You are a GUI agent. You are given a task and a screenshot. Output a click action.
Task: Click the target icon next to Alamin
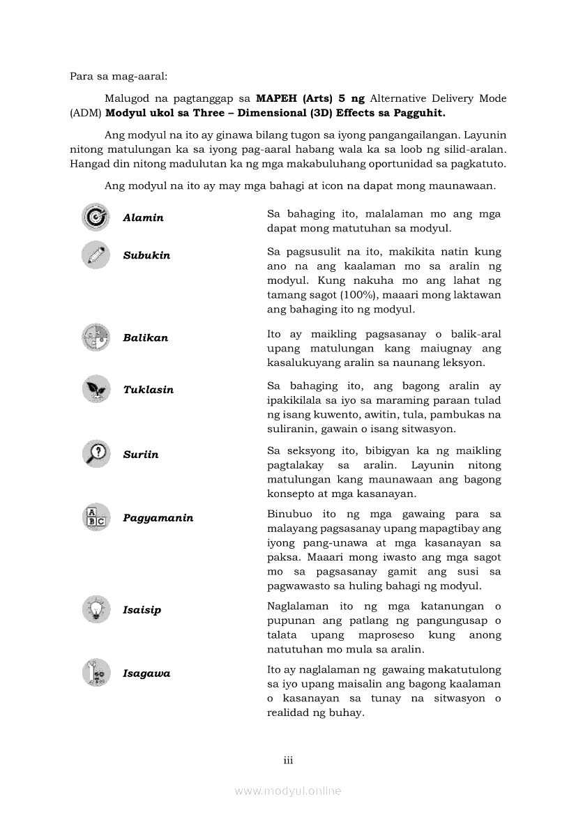pyautogui.click(x=96, y=217)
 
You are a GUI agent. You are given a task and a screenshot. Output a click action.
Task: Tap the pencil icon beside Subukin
pyautogui.click(x=96, y=254)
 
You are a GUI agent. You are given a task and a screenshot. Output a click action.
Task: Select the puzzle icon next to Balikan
pyautogui.click(x=96, y=337)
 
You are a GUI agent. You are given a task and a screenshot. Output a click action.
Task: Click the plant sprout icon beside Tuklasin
pyautogui.click(x=96, y=389)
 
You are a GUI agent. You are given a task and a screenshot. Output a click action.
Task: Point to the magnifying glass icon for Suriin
pyautogui.click(x=96, y=454)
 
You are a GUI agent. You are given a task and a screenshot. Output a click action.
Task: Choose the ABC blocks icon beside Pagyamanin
pyautogui.click(x=96, y=517)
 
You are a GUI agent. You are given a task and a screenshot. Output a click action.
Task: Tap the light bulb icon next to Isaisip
pyautogui.click(x=96, y=609)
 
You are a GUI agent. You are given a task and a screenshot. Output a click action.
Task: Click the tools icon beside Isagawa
pyautogui.click(x=96, y=673)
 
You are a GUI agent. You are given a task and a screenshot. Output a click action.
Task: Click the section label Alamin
pyautogui.click(x=143, y=218)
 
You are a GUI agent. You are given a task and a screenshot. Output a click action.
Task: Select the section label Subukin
pyautogui.click(x=146, y=255)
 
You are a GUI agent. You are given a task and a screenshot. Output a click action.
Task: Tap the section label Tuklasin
pyautogui.click(x=148, y=390)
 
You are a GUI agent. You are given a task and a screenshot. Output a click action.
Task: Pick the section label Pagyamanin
pyautogui.click(x=158, y=518)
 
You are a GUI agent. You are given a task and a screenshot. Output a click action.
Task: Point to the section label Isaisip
pyautogui.click(x=142, y=610)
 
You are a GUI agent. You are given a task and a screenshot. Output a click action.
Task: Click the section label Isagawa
pyautogui.click(x=146, y=673)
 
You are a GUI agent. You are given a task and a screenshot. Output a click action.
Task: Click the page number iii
pyautogui.click(x=288, y=760)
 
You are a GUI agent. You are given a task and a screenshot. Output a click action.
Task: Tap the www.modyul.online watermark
pyautogui.click(x=288, y=791)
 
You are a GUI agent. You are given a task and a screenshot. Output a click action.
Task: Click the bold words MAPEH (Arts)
pyautogui.click(x=293, y=98)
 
